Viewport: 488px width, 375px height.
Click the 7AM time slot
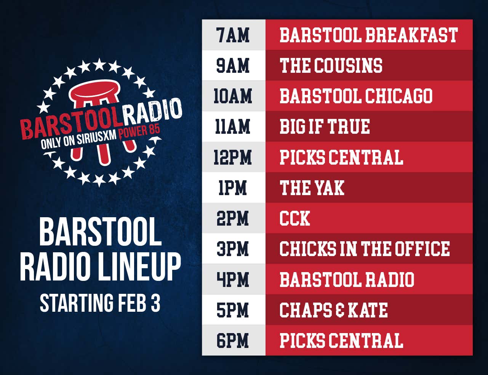click(x=233, y=35)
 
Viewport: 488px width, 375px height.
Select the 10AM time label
click(x=233, y=96)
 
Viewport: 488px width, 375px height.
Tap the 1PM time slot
click(x=233, y=187)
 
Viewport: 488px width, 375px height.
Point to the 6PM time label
click(x=233, y=340)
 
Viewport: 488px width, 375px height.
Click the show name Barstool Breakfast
click(x=368, y=35)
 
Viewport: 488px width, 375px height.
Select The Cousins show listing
click(x=331, y=65)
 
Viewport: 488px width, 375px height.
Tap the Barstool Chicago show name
click(x=356, y=96)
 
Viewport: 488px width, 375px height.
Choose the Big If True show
click(x=325, y=127)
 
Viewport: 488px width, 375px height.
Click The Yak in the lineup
click(x=312, y=187)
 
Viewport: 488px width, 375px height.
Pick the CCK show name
click(x=295, y=218)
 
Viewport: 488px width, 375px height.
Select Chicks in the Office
click(x=365, y=248)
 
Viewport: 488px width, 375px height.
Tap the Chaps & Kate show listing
click(x=334, y=310)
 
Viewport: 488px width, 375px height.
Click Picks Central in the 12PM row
click(x=341, y=157)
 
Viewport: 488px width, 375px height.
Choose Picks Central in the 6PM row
click(x=341, y=340)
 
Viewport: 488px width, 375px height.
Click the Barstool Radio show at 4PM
click(x=347, y=279)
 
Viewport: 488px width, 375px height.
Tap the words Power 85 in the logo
click(x=139, y=132)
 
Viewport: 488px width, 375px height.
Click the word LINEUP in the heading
click(x=137, y=266)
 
